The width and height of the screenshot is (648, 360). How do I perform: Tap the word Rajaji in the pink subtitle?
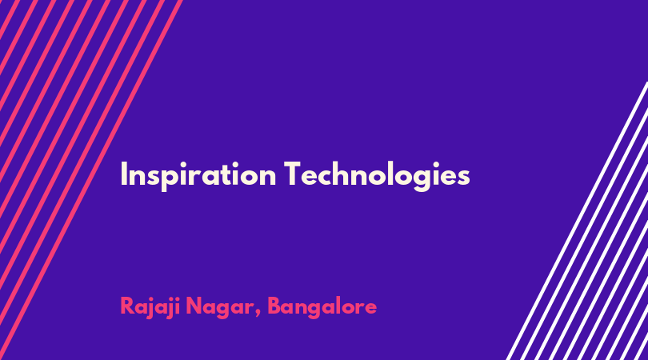tap(150, 307)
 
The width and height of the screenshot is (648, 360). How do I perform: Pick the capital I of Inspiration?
tap(123, 174)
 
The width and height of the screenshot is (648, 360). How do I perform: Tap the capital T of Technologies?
tap(293, 174)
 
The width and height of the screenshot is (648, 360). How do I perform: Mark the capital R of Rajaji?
tap(128, 306)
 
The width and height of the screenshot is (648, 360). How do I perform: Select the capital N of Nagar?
tap(194, 306)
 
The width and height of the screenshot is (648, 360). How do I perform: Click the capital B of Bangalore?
tap(275, 306)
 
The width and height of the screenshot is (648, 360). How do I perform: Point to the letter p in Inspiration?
tap(166, 178)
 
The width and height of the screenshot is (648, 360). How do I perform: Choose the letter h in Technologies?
tap(340, 173)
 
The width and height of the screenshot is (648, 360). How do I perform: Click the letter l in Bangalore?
tap(342, 305)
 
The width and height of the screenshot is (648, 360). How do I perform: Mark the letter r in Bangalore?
tap(359, 308)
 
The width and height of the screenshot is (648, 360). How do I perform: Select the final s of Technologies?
tap(464, 177)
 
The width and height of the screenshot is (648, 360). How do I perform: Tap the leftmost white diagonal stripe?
tap(577, 221)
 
